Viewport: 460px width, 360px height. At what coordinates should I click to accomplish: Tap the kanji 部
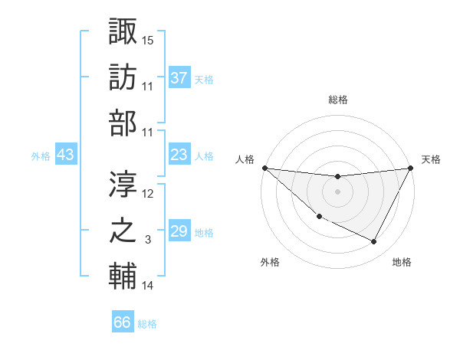point(123,125)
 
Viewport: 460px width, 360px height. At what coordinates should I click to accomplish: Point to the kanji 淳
point(123,184)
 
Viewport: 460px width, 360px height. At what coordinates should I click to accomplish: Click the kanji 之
point(123,231)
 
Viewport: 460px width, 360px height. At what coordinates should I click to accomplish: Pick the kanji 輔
point(123,277)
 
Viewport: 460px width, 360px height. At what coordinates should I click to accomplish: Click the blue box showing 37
point(179,77)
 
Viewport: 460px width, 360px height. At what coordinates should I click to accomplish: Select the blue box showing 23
point(179,155)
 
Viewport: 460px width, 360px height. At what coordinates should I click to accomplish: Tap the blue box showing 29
point(179,231)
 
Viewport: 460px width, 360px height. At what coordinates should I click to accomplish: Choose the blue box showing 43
point(66,155)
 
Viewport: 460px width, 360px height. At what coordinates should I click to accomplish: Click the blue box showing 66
point(123,322)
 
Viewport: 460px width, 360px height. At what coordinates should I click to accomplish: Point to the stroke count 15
point(149,39)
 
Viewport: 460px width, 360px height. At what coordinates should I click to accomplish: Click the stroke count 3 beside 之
point(149,240)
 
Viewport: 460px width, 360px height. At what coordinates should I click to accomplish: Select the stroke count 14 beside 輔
point(149,286)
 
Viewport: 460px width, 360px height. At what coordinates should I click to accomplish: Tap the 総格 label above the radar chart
point(337,100)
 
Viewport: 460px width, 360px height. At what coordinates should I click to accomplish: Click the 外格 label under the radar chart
point(270,262)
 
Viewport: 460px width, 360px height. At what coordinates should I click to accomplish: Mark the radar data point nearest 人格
point(264,168)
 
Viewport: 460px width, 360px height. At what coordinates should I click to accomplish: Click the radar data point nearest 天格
point(410,168)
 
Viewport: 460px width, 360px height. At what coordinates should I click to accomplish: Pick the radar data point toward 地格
point(374,241)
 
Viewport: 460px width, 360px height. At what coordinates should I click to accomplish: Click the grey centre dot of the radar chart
point(337,191)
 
